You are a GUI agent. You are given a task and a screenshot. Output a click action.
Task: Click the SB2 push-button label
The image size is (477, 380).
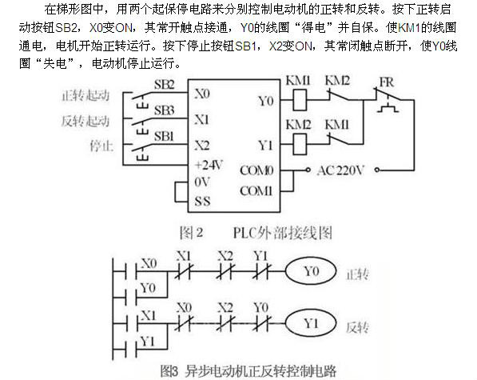click(x=164, y=85)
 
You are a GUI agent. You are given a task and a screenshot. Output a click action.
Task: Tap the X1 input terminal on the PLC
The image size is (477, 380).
click(x=202, y=120)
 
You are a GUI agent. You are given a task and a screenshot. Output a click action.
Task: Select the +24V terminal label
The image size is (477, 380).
click(x=209, y=166)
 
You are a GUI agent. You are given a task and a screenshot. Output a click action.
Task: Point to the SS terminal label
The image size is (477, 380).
click(x=202, y=202)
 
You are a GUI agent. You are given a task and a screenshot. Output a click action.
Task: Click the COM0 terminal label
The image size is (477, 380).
click(x=256, y=170)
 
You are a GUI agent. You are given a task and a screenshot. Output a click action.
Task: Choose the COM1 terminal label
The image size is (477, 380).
click(x=256, y=191)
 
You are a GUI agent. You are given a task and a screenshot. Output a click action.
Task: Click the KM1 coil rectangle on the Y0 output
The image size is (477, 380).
click(x=300, y=100)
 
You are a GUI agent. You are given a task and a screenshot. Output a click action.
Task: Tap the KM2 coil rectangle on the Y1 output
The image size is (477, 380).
click(x=300, y=144)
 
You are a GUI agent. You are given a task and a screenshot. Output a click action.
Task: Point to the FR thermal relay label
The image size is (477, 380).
click(x=387, y=82)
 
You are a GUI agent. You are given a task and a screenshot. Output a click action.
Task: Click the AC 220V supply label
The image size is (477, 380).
click(x=340, y=170)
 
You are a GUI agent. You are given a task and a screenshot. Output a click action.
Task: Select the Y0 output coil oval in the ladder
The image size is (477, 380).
click(x=311, y=270)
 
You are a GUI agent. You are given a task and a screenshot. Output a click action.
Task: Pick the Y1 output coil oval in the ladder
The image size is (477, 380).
click(x=311, y=323)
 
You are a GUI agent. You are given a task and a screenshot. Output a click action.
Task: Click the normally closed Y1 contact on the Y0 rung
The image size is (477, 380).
click(x=260, y=270)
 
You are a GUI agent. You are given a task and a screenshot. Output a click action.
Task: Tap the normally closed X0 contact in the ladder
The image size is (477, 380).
click(x=184, y=323)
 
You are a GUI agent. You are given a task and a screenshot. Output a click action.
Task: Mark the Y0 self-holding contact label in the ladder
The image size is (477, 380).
click(x=148, y=288)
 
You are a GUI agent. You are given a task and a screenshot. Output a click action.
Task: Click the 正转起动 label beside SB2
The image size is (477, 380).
click(x=85, y=96)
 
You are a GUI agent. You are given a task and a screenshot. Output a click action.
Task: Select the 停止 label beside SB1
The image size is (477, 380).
click(x=101, y=146)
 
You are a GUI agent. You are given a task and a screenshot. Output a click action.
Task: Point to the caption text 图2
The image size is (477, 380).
click(x=191, y=233)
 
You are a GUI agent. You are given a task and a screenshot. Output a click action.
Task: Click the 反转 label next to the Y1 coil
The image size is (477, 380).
click(x=357, y=328)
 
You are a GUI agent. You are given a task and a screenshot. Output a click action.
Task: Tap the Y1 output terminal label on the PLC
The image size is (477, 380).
click(x=265, y=146)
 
